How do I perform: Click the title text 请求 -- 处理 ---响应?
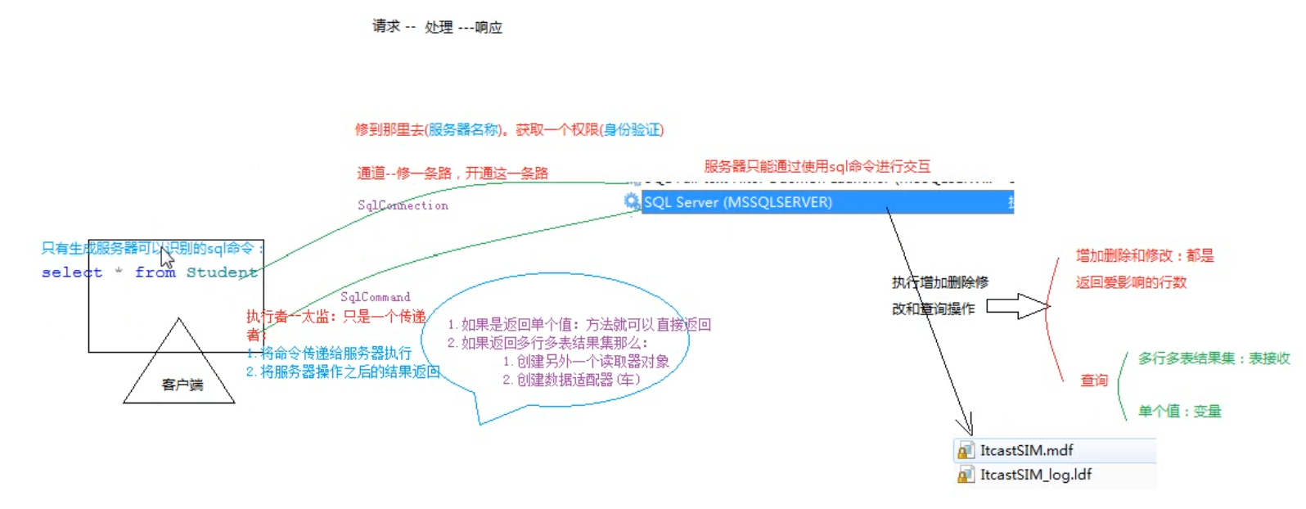pyautogui.click(x=437, y=27)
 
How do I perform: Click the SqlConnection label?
pyautogui.click(x=403, y=205)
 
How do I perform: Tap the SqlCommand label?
pyautogui.click(x=375, y=297)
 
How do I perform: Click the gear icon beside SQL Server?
pyautogui.click(x=632, y=201)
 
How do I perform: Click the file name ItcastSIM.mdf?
pyautogui.click(x=1026, y=450)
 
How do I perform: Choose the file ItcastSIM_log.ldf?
pyautogui.click(x=1035, y=475)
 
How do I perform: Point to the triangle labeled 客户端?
pyautogui.click(x=180, y=372)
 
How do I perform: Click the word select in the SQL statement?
pyautogui.click(x=72, y=273)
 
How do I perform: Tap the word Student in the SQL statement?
pyautogui.click(x=221, y=273)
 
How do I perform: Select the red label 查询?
pyautogui.click(x=1094, y=381)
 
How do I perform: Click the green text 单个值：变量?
pyautogui.click(x=1179, y=411)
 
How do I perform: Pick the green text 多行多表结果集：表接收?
pyautogui.click(x=1214, y=358)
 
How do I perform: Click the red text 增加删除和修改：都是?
pyautogui.click(x=1144, y=255)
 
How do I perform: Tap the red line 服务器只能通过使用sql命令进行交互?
pyautogui.click(x=817, y=166)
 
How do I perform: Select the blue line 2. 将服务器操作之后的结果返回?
pyautogui.click(x=343, y=372)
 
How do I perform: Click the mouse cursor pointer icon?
pyautogui.click(x=166, y=258)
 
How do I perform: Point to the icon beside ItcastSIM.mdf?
pyautogui.click(x=966, y=451)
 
